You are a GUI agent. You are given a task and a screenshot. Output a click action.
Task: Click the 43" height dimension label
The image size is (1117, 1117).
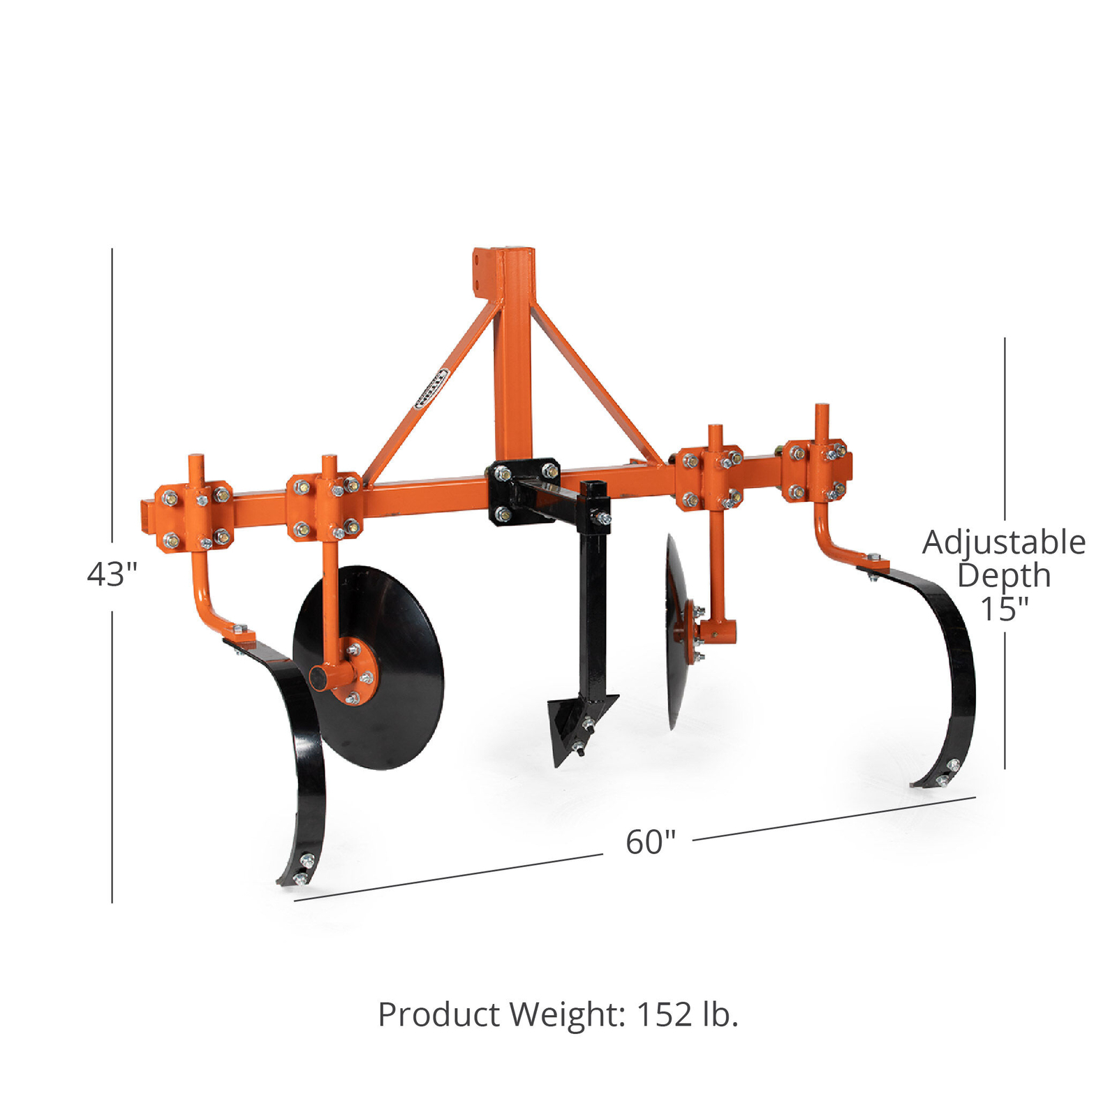[112, 574]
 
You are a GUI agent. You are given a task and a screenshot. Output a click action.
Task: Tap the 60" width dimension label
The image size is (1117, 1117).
[650, 842]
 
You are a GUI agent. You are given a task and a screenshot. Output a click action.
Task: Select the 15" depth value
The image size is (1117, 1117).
[1004, 609]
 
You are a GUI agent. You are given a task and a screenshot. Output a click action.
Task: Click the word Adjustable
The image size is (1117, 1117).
[1003, 543]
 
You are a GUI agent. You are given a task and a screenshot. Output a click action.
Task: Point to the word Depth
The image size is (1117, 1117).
[1003, 576]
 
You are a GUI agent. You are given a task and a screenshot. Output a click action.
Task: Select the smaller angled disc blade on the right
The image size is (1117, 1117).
[676, 628]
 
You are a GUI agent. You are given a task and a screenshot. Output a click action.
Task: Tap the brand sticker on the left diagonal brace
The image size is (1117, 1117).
[431, 388]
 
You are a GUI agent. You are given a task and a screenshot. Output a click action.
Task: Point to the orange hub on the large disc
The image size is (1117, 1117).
[353, 674]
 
